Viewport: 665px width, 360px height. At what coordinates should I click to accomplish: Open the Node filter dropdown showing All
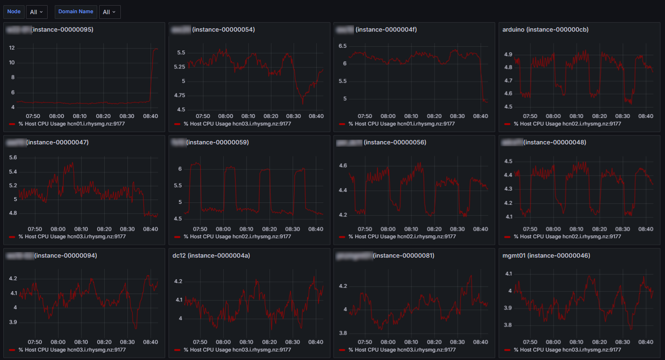36,12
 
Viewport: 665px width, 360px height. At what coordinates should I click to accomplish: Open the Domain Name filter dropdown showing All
109,12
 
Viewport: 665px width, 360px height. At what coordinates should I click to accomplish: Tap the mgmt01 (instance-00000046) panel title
547,256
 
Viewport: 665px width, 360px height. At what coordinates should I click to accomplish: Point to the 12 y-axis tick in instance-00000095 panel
12,48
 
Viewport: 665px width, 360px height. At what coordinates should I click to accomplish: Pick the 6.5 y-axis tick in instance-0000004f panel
343,46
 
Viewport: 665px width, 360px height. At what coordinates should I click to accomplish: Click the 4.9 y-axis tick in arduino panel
508,55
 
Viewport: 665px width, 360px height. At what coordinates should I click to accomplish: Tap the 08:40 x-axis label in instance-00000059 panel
316,229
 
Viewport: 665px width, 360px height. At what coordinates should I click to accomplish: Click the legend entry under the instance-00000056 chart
397,237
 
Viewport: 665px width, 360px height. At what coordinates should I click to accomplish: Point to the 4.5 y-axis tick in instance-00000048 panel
508,161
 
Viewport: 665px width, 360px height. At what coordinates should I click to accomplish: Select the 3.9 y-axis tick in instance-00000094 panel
12,323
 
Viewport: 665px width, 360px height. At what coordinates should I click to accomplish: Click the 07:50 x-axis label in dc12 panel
201,342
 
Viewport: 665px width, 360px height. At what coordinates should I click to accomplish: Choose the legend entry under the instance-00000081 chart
397,350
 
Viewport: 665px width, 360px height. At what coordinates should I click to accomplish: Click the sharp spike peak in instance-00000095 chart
155,49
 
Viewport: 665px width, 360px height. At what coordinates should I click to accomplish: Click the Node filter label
14,12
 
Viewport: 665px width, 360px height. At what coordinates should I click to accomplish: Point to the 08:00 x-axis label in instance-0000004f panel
388,116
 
